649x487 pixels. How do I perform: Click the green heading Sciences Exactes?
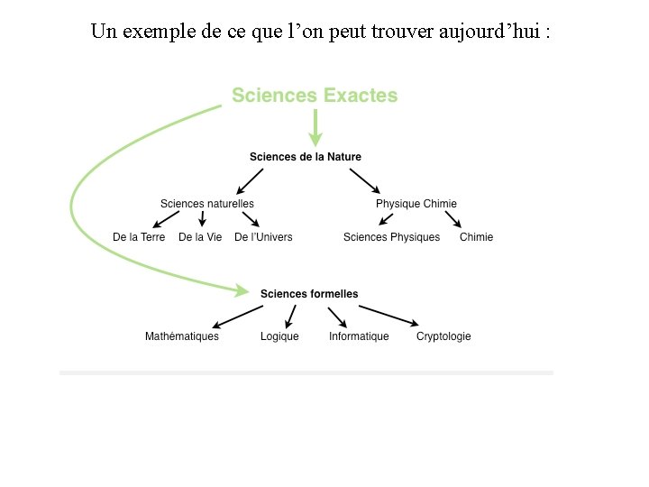(315, 96)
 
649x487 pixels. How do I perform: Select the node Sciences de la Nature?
(306, 157)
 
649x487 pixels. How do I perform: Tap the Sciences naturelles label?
(207, 204)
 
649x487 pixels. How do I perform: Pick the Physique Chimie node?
(416, 204)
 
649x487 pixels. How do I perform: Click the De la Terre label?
(139, 237)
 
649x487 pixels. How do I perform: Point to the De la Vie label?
(200, 237)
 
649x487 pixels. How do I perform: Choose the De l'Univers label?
(263, 237)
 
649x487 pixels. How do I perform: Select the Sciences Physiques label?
(392, 237)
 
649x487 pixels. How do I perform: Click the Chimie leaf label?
(477, 237)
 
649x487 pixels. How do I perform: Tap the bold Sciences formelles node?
(309, 294)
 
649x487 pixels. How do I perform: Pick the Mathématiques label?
(182, 336)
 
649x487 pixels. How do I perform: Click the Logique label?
(279, 336)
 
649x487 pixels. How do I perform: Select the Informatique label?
(359, 336)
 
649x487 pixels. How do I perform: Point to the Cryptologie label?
(443, 336)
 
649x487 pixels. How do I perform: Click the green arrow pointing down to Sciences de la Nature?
(315, 128)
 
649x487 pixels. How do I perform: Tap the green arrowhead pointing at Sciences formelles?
(241, 290)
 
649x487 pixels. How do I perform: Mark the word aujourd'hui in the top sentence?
(492, 32)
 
